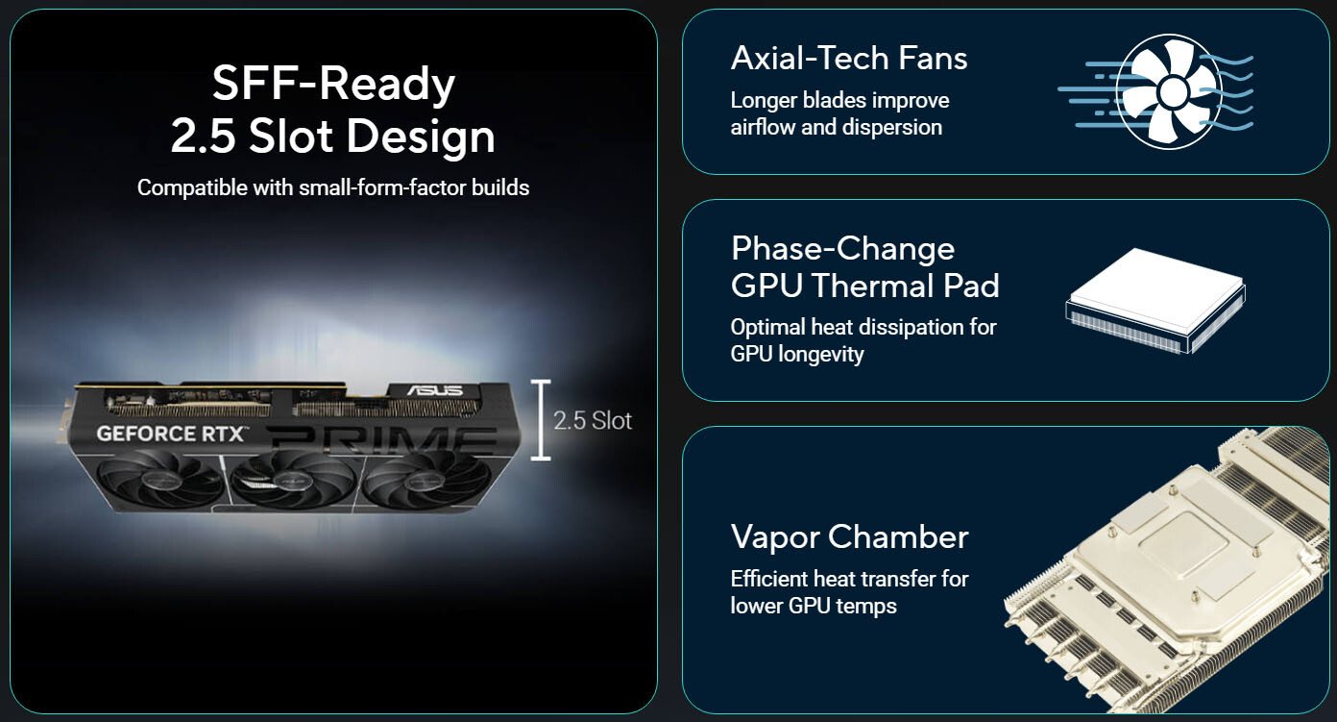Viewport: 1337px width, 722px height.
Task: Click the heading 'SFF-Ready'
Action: [x=333, y=85]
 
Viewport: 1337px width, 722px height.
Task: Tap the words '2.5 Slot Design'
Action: [x=333, y=137]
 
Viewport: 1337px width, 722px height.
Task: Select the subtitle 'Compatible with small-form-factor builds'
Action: [x=333, y=187]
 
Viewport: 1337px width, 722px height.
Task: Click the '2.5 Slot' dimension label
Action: [x=593, y=420]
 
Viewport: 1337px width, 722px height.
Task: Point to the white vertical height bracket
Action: [x=541, y=419]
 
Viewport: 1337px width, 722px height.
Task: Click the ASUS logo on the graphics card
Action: [x=434, y=390]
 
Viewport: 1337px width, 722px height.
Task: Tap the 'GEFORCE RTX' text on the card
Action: [x=172, y=434]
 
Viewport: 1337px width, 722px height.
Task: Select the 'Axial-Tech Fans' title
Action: [x=849, y=59]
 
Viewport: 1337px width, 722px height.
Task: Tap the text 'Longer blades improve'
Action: [x=839, y=100]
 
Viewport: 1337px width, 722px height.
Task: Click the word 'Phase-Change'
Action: [x=842, y=249]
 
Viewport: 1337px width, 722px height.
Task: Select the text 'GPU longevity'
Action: [x=797, y=354]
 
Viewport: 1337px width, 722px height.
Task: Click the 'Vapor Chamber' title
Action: [x=849, y=536]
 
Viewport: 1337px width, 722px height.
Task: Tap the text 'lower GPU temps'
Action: [x=814, y=606]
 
